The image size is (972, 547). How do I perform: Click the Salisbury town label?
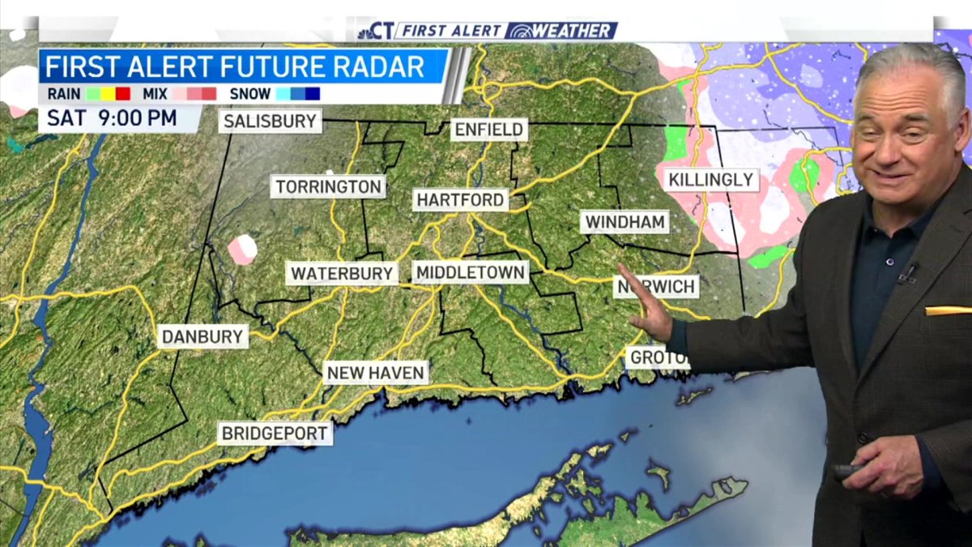click(x=271, y=122)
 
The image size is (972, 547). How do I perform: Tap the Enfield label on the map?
click(x=488, y=130)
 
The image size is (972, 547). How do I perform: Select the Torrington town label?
click(x=328, y=186)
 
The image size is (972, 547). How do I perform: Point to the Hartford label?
click(x=460, y=199)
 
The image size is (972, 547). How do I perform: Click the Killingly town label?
click(x=711, y=180)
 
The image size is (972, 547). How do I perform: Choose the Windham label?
click(x=625, y=222)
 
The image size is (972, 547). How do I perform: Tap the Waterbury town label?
click(x=342, y=273)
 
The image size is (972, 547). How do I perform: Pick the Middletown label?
click(x=470, y=273)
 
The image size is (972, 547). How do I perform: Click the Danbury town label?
click(x=202, y=336)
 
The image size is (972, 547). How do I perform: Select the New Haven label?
click(x=376, y=373)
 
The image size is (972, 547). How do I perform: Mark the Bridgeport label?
click(x=275, y=433)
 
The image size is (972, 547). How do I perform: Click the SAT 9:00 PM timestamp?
click(x=112, y=118)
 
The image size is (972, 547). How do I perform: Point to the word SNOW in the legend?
click(x=250, y=94)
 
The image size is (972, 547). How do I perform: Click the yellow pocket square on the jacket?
click(x=948, y=310)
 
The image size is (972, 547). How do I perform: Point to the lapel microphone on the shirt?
click(x=906, y=273)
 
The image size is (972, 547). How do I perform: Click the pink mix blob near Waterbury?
click(x=241, y=250)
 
